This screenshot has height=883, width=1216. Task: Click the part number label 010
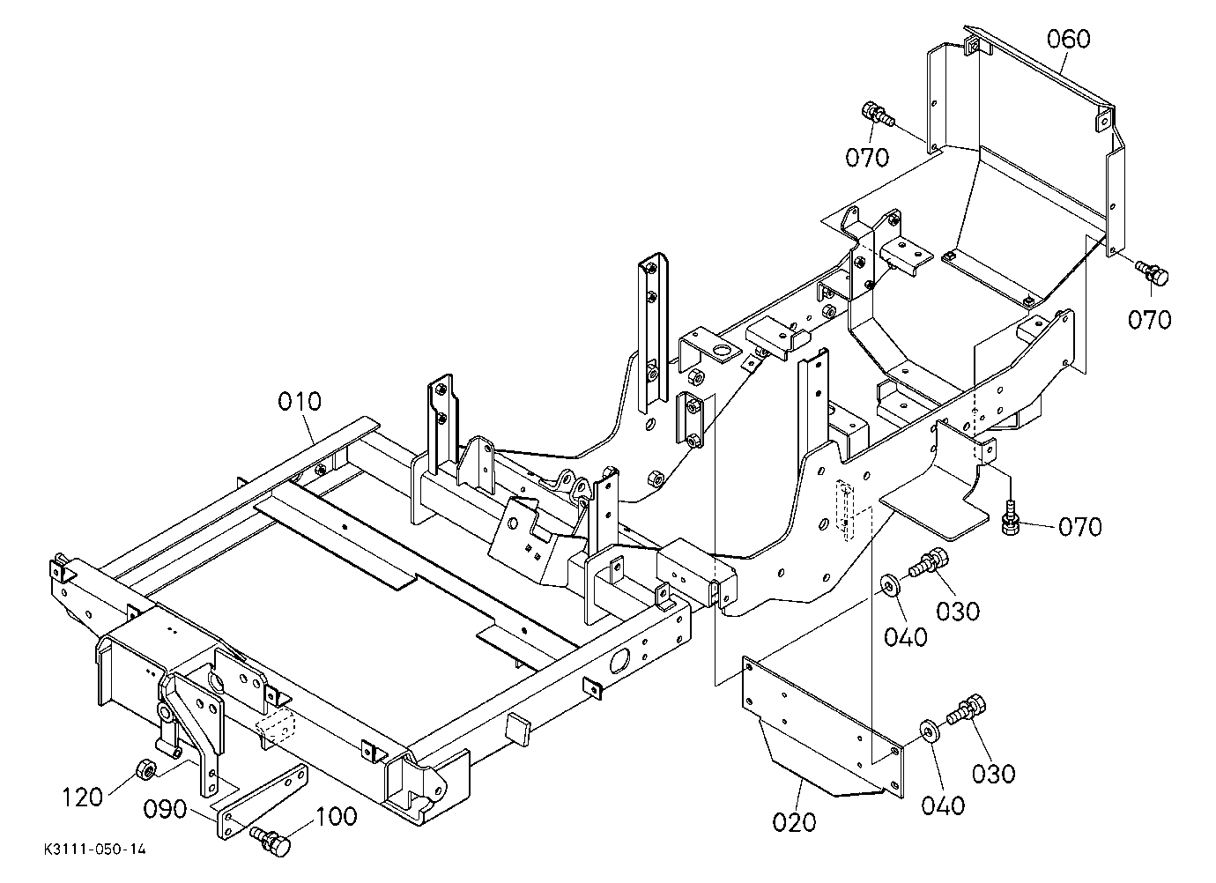[x=300, y=402]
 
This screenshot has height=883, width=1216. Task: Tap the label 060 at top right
[x=1068, y=39]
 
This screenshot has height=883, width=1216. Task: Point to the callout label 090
[x=165, y=810]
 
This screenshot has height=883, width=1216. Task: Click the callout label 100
[x=336, y=816]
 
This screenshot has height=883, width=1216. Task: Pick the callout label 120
[x=83, y=798]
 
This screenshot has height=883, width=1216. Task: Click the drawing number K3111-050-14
[x=95, y=850]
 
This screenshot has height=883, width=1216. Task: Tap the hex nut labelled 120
[x=145, y=769]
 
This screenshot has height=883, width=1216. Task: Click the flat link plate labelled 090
[x=262, y=802]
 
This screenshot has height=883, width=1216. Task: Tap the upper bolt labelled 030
[x=928, y=563]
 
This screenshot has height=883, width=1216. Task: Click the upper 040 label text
[x=906, y=636]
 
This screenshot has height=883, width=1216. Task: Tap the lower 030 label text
[x=993, y=774]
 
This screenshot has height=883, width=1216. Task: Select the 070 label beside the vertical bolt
[x=1080, y=527]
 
